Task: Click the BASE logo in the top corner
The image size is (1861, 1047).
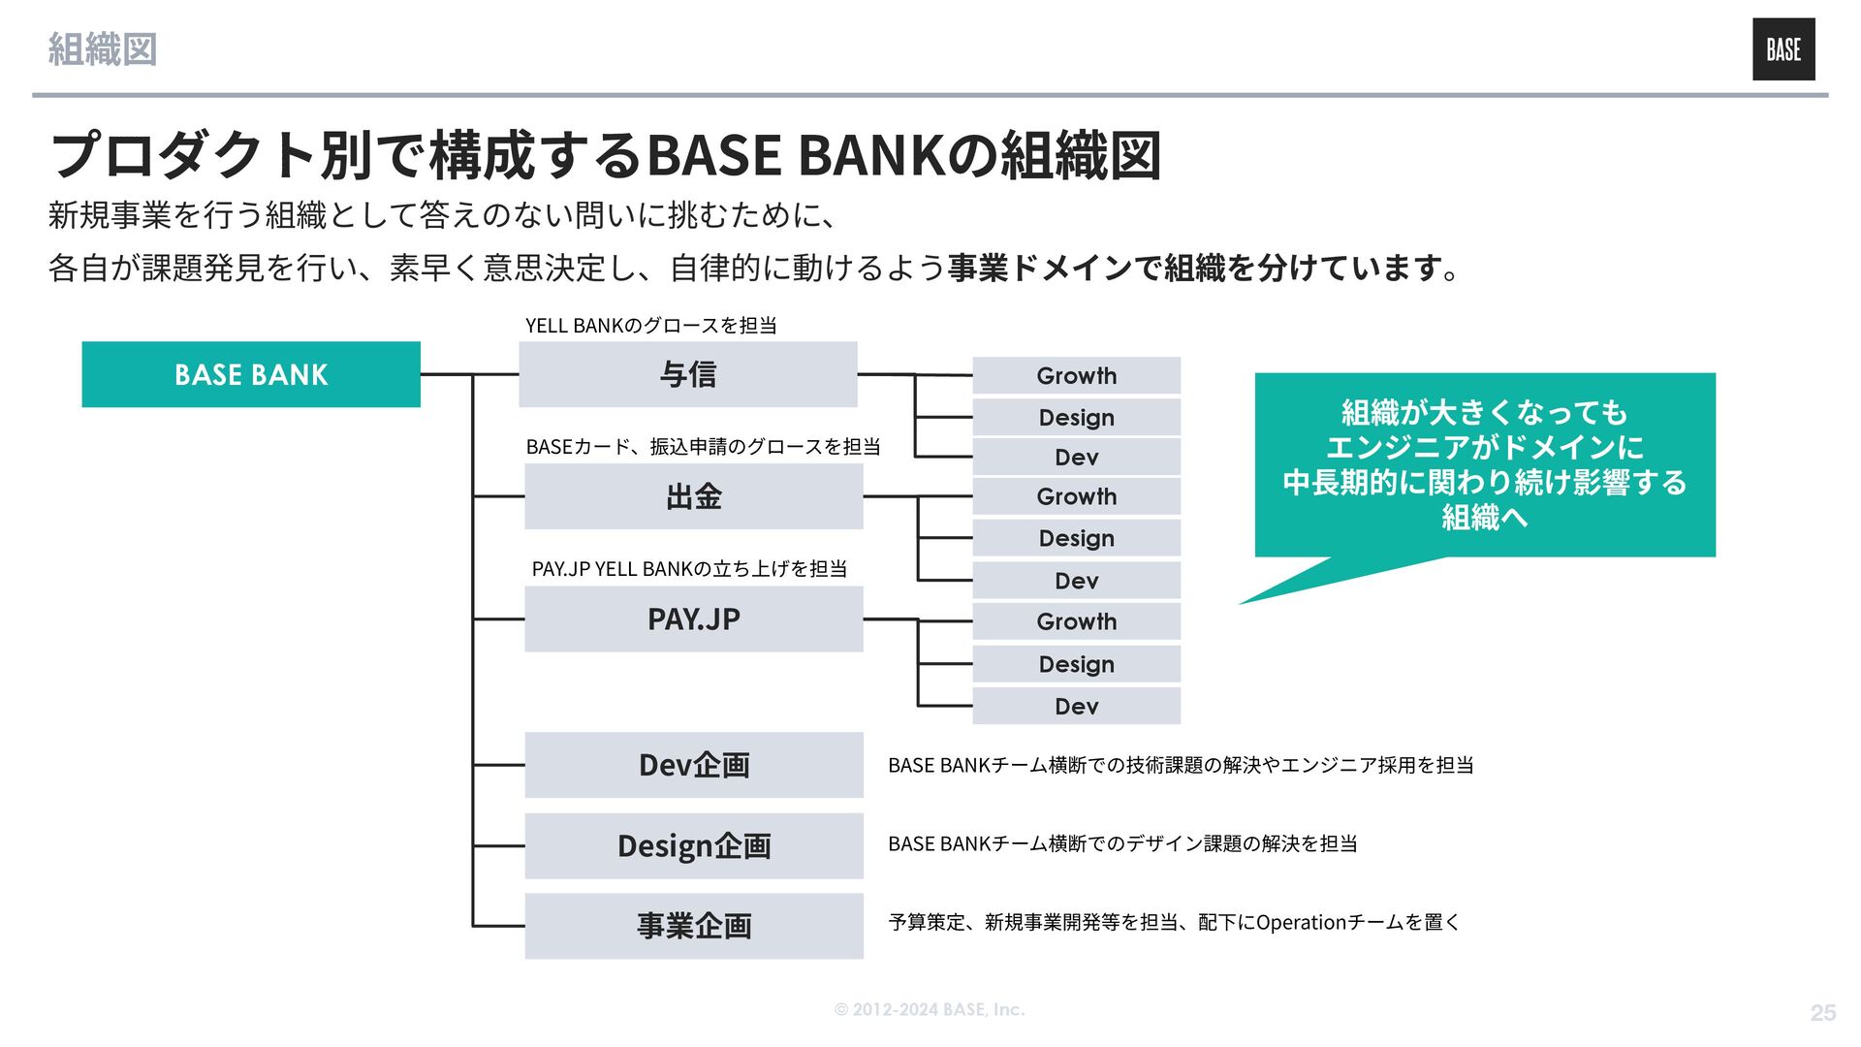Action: pyautogui.click(x=1782, y=49)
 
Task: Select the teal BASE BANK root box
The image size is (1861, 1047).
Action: pyautogui.click(x=251, y=374)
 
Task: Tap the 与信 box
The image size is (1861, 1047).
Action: pyautogui.click(x=687, y=374)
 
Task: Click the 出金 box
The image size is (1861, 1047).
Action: pyautogui.click(x=693, y=496)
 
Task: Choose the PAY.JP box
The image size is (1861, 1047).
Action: pyautogui.click(x=693, y=619)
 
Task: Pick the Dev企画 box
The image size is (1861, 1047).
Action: pyautogui.click(x=693, y=765)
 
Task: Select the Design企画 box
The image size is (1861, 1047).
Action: pyautogui.click(x=693, y=845)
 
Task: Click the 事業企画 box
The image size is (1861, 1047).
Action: pyautogui.click(x=693, y=926)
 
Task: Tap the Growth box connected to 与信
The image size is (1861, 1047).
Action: pyautogui.click(x=1076, y=375)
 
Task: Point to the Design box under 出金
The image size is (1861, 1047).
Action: pyautogui.click(x=1076, y=538)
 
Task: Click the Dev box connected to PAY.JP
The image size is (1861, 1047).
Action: pyautogui.click(x=1076, y=706)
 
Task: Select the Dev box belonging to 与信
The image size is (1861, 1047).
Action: pyautogui.click(x=1076, y=457)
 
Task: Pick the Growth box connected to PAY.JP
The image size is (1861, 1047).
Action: pyautogui.click(x=1076, y=621)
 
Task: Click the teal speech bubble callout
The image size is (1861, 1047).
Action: pyautogui.click(x=1484, y=464)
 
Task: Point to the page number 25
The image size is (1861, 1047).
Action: pyautogui.click(x=1822, y=1012)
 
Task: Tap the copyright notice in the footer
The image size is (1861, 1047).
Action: pyautogui.click(x=929, y=1009)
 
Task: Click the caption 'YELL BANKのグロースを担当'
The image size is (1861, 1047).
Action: pyautogui.click(x=650, y=326)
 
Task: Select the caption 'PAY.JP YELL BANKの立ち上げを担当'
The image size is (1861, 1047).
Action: pyautogui.click(x=689, y=569)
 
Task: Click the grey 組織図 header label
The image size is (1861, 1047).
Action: pyautogui.click(x=103, y=49)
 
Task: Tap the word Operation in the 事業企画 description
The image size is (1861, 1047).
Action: pyautogui.click(x=1301, y=922)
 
